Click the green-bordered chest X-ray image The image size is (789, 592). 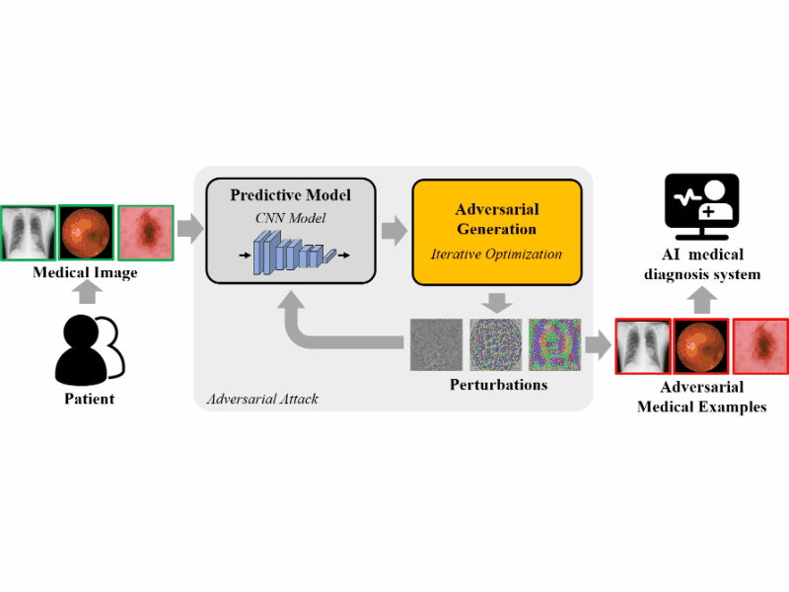click(x=28, y=232)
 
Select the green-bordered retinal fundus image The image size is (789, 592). click(x=87, y=232)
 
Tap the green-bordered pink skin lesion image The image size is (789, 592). click(x=146, y=232)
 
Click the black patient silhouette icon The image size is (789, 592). click(x=87, y=350)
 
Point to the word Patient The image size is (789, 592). click(x=89, y=400)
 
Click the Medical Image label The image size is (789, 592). click(x=87, y=272)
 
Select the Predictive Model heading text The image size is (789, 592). click(x=290, y=195)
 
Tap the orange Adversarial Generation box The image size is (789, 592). click(x=495, y=231)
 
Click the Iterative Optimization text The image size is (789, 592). click(x=496, y=255)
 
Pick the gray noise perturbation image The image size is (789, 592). click(x=436, y=343)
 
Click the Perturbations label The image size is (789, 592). click(x=497, y=384)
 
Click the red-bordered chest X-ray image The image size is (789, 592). click(x=643, y=346)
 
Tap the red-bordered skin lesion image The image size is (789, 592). click(x=760, y=346)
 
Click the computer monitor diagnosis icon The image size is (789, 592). click(x=701, y=208)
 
